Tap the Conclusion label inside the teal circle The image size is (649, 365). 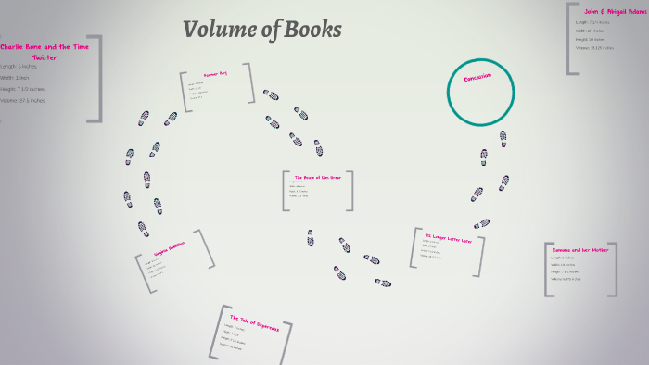[477, 77]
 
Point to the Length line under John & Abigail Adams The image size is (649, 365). [594, 21]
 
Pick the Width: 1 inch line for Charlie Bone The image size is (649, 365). [18, 78]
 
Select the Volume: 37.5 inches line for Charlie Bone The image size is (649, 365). [22, 100]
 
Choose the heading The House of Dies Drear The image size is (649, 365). [317, 177]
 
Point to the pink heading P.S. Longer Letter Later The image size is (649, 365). [448, 239]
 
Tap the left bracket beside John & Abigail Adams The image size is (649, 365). [570, 38]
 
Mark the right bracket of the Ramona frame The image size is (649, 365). [613, 271]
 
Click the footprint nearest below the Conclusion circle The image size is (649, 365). [503, 139]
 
